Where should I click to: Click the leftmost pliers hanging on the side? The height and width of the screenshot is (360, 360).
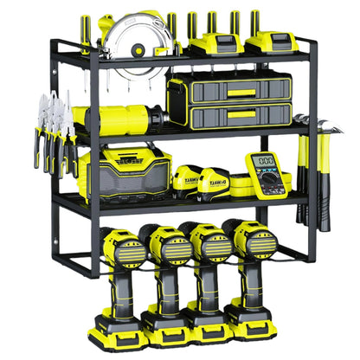point(41,130)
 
